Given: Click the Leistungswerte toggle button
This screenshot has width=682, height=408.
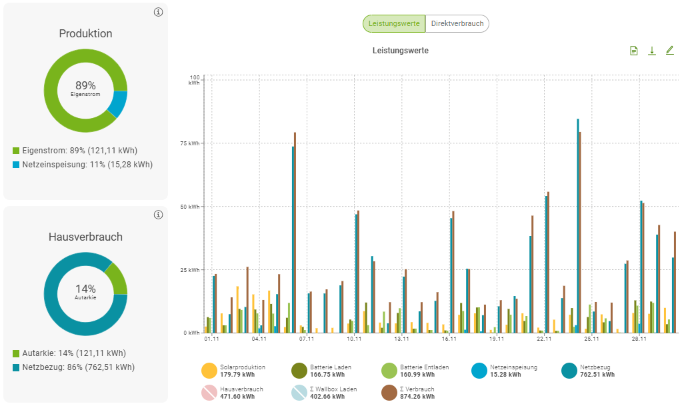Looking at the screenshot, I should pyautogui.click(x=394, y=24).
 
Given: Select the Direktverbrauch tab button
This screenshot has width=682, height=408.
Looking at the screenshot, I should pyautogui.click(x=457, y=24).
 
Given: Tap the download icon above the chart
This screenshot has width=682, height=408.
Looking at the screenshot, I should pyautogui.click(x=652, y=51).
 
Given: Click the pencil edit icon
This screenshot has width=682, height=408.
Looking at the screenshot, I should pyautogui.click(x=669, y=51).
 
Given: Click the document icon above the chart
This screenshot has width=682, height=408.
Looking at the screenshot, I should pyautogui.click(x=634, y=51).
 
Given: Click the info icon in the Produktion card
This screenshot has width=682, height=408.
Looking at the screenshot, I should pyautogui.click(x=158, y=12).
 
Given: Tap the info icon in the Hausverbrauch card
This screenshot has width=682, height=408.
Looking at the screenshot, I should pyautogui.click(x=158, y=215).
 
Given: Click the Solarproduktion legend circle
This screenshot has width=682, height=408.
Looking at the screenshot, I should pyautogui.click(x=209, y=371).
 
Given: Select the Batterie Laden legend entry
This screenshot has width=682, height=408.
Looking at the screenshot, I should pyautogui.click(x=299, y=371).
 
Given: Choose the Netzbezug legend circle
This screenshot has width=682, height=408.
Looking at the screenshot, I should pyautogui.click(x=569, y=371).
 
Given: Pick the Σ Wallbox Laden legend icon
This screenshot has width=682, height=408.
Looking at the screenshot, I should pyautogui.click(x=299, y=393).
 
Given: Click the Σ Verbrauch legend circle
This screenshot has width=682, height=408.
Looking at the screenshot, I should pyautogui.click(x=389, y=393).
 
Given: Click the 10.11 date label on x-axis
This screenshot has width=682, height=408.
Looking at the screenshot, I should pyautogui.click(x=354, y=339).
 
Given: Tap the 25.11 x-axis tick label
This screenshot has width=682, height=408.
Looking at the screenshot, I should pyautogui.click(x=591, y=339).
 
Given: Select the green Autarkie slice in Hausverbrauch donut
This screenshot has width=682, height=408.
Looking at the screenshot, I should pyautogui.click(x=117, y=278).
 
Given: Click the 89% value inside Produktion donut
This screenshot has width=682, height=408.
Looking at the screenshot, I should pyautogui.click(x=85, y=86).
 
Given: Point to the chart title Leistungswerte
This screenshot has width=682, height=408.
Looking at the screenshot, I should pyautogui.click(x=400, y=51).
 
